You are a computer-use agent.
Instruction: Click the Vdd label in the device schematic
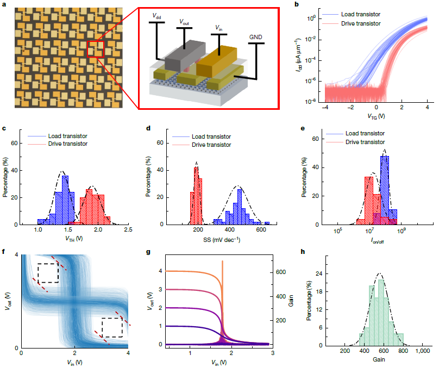coord(155,17)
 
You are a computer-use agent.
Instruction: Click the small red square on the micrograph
coord(95,48)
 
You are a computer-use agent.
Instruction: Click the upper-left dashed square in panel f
coord(48,273)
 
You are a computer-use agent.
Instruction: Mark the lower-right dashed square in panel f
coord(111,327)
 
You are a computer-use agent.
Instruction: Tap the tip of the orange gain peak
coord(222,262)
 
